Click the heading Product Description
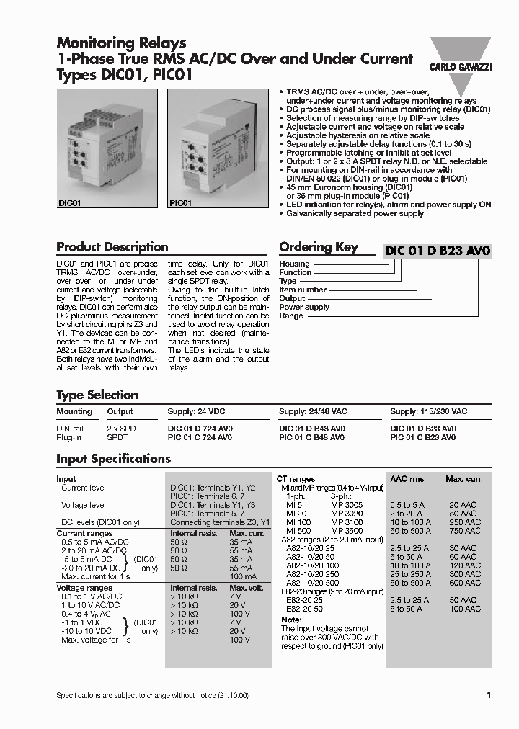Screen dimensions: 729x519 [112, 247]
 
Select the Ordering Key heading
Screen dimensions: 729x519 [318, 247]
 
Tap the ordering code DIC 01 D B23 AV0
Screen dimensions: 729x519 [438, 251]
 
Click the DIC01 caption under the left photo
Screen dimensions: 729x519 [68, 204]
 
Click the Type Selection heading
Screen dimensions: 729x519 [97, 395]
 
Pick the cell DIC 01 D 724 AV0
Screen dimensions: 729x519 [200, 428]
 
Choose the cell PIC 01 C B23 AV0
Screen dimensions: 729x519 [422, 437]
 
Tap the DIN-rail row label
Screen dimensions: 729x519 [70, 428]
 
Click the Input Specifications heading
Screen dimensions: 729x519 [113, 459]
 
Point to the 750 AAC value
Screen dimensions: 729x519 [463, 530]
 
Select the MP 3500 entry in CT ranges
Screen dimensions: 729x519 [347, 530]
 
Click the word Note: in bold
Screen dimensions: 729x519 [291, 620]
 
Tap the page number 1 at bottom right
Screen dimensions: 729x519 [489, 695]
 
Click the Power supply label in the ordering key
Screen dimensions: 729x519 [304, 307]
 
